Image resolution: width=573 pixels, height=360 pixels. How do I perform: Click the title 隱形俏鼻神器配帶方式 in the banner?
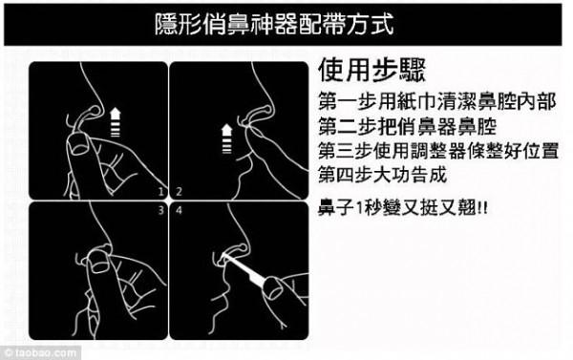tap(286, 23)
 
